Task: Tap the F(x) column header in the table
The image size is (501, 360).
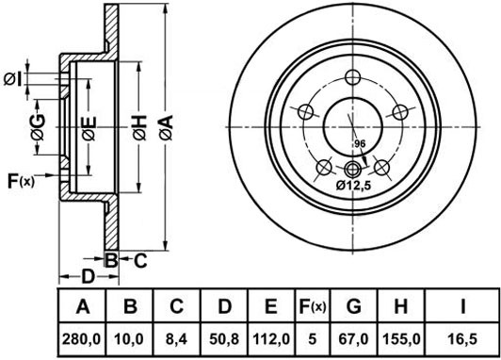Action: (x=312, y=306)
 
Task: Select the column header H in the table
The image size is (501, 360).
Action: (x=401, y=306)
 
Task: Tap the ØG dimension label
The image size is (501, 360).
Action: (x=39, y=135)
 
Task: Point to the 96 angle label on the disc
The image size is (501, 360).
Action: (x=359, y=143)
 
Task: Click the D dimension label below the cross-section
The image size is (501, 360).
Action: (x=86, y=276)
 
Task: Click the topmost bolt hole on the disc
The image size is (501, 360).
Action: (x=352, y=78)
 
